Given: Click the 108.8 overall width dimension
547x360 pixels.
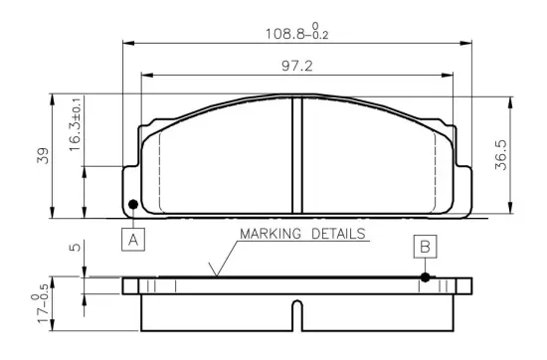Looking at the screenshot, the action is pyautogui.click(x=297, y=32).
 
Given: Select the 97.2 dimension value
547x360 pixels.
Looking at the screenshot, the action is pyautogui.click(x=297, y=66).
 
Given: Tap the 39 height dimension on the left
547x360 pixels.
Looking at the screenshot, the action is pyautogui.click(x=43, y=155).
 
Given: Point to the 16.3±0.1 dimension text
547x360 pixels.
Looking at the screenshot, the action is pyautogui.click(x=75, y=124).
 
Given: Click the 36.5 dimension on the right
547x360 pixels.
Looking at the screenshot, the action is pyautogui.click(x=501, y=155).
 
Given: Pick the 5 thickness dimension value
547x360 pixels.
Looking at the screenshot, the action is pyautogui.click(x=75, y=248).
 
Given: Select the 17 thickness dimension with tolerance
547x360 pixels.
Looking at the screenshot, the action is pyautogui.click(x=41, y=303).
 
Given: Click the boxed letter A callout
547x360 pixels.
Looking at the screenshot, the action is pyautogui.click(x=133, y=240).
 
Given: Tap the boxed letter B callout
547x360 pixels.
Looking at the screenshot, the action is pyautogui.click(x=426, y=247).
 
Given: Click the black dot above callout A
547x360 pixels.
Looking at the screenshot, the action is pyautogui.click(x=133, y=205).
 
